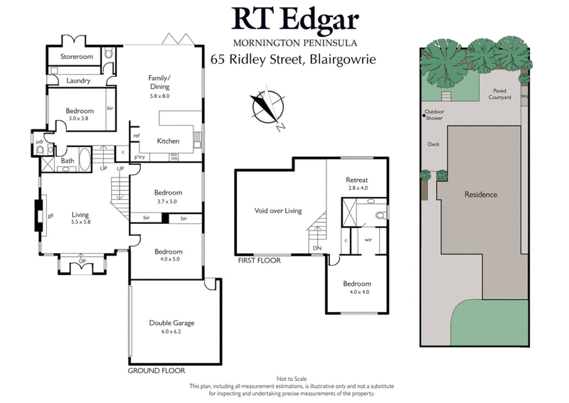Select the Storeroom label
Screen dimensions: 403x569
[76, 55]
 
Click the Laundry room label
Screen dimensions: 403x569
[78, 81]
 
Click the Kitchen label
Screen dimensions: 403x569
[168, 141]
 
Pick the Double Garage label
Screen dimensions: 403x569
[171, 323]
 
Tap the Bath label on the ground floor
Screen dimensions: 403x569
[68, 161]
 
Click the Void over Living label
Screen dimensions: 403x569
[278, 210]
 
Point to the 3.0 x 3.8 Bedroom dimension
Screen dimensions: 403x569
[80, 120]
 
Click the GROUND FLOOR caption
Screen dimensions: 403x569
[156, 370]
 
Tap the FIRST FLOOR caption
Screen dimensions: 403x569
[259, 261]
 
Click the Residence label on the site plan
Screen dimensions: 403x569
[480, 194]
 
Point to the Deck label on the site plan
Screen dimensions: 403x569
[433, 144]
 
